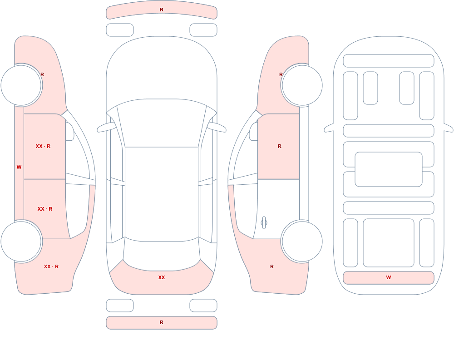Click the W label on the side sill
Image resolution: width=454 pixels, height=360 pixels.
pos(19,167)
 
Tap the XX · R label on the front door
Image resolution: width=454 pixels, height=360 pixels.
pos(43,146)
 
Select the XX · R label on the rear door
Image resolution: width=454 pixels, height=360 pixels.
pos(45,209)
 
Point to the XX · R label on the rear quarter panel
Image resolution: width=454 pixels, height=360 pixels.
pos(51,266)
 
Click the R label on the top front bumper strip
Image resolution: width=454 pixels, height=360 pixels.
pos(162,10)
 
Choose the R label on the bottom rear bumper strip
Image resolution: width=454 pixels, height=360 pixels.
pos(162,322)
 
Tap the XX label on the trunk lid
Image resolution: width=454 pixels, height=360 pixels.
pos(162,277)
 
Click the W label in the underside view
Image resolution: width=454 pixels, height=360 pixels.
pos(389,277)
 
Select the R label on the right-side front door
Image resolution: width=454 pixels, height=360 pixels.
pos(279,146)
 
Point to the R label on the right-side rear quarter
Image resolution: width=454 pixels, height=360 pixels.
pos(272,266)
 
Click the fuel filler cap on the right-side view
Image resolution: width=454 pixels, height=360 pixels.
pos(264,223)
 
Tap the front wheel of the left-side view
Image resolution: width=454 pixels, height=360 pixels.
pos(21,85)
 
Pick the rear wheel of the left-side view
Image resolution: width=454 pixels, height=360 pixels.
pos(21,241)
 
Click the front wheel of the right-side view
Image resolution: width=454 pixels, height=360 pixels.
pos(302,85)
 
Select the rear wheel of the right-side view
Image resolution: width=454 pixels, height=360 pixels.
pos(302,241)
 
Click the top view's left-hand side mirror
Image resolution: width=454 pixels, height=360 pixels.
pos(106,127)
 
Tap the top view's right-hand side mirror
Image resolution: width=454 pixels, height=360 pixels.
pos(217,127)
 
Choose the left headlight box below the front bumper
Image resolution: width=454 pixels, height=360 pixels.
pos(120,30)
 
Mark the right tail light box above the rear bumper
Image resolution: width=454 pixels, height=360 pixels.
pos(203,306)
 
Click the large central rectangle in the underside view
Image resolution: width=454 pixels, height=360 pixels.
pos(389,169)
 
